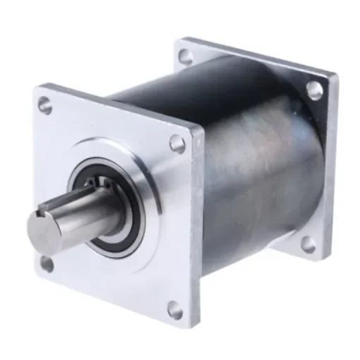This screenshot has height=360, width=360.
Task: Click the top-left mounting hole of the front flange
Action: point(45,107)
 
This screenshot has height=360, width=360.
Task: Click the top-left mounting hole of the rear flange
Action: point(184,55)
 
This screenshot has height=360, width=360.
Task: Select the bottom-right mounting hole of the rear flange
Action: point(308,245)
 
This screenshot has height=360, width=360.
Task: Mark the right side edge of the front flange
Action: point(198,233)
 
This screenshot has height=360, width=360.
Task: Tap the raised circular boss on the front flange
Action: point(145,176)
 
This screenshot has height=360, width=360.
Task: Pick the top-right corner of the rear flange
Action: point(332,73)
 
